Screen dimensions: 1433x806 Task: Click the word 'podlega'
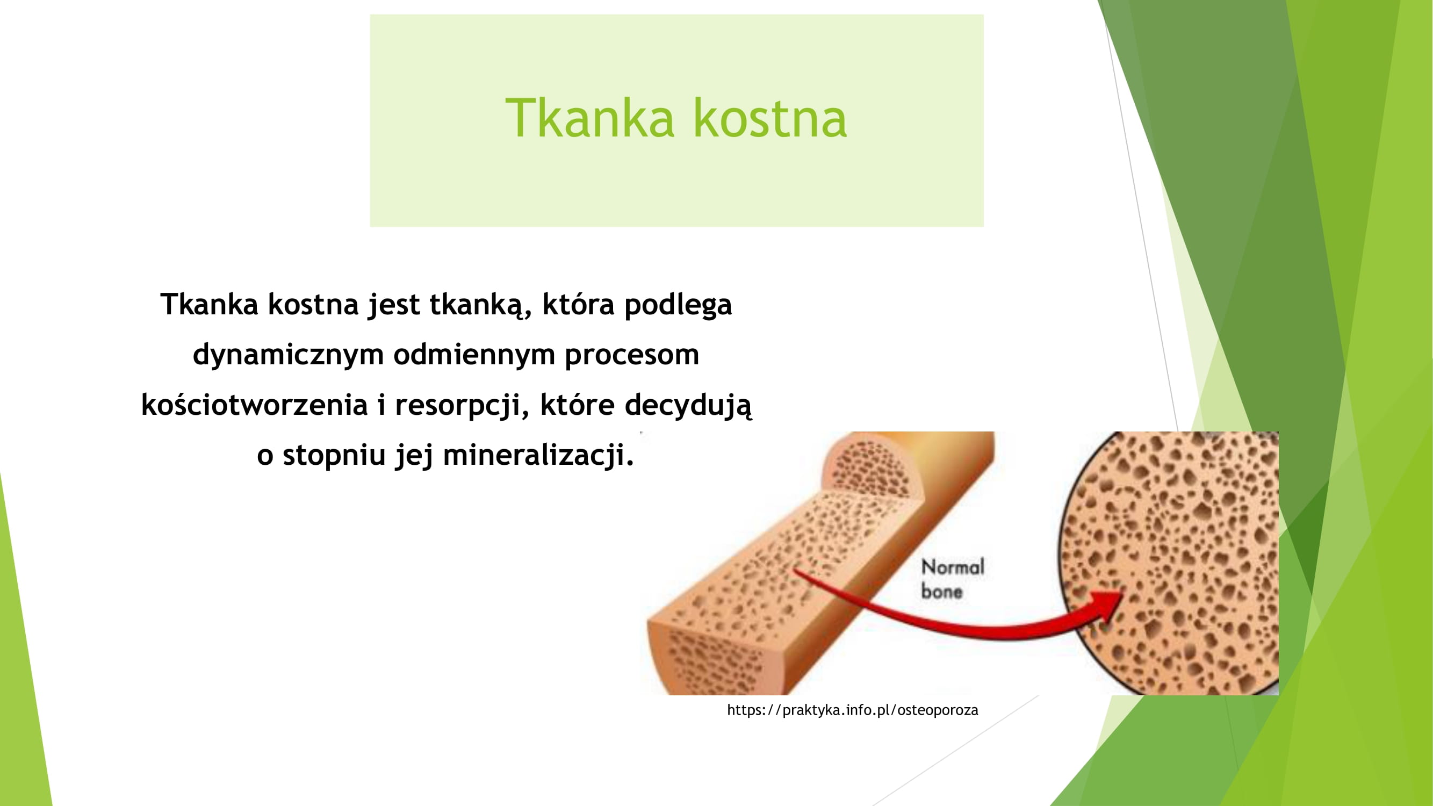678,305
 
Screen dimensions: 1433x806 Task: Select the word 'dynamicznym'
288,355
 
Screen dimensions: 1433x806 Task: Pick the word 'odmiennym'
474,354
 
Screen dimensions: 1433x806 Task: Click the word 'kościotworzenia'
254,404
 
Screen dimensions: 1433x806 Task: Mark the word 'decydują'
688,405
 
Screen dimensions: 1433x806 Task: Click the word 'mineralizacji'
538,455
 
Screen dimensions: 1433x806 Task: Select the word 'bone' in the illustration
942,591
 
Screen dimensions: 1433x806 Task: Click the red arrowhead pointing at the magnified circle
1104,606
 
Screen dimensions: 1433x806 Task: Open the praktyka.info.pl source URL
852,710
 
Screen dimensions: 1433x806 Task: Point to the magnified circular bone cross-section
1168,563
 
